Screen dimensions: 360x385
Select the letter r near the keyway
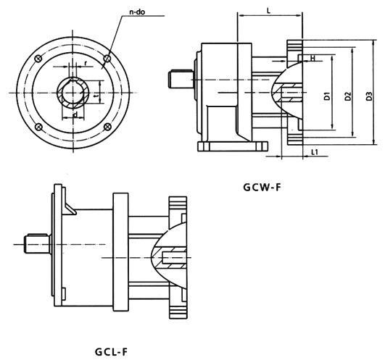click(x=85, y=63)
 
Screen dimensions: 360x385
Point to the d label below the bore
click(x=75, y=114)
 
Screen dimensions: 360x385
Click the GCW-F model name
click(x=262, y=188)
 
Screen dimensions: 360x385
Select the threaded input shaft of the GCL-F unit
click(x=33, y=243)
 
